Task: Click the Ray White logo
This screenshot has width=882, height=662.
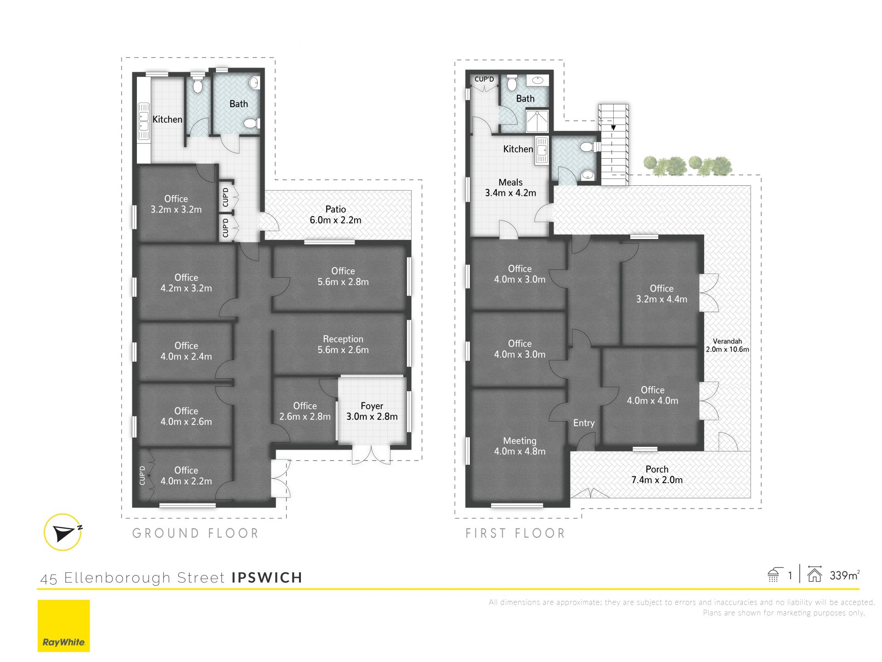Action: pos(63,626)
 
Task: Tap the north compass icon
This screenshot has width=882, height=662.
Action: pos(63,532)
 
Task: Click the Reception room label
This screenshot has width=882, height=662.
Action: pos(343,344)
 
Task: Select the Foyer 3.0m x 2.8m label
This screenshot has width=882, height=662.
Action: pos(372,411)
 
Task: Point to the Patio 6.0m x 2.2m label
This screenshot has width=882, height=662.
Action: pos(335,215)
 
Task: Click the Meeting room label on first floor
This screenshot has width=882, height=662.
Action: pos(520,446)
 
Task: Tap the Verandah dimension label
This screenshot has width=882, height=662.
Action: pos(728,345)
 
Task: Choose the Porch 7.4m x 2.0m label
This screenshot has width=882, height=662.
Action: pos(657,474)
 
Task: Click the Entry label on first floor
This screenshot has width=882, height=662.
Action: pos(584,423)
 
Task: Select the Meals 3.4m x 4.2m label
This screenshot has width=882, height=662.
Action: pos(510,188)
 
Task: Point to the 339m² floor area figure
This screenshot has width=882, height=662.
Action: pos(844,575)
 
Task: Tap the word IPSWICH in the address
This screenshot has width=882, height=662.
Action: pos(267,577)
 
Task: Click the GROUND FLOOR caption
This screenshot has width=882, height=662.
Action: pos(196,533)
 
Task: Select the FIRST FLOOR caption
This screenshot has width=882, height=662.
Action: pos(515,533)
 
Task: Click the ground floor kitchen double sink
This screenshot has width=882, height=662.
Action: pos(144,120)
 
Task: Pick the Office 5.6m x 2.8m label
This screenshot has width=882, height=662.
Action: pos(343,276)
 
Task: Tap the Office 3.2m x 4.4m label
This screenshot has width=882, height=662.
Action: pos(661,294)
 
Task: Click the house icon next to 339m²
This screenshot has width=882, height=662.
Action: pos(814,574)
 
